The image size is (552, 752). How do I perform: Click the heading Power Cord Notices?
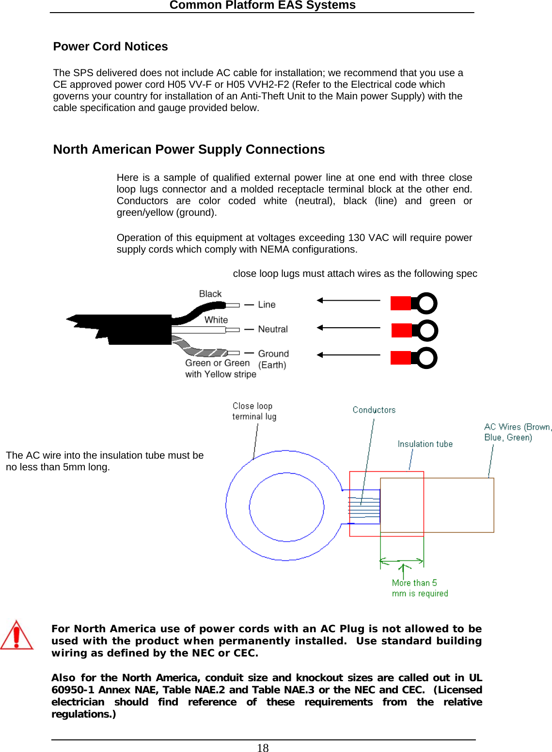pyautogui.click(x=110, y=47)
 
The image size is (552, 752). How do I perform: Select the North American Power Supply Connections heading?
pyautogui.click(x=189, y=149)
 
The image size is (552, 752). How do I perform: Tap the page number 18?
pyautogui.click(x=263, y=748)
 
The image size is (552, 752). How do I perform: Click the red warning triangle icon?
pyautogui.click(x=16, y=635)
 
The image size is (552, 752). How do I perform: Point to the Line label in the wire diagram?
pyautogui.click(x=267, y=304)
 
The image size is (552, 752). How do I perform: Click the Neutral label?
pyautogui.click(x=273, y=329)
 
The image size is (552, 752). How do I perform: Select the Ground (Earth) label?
pyautogui.click(x=273, y=359)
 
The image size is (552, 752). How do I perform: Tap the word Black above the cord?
pyautogui.click(x=210, y=294)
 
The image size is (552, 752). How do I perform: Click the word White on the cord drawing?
pyautogui.click(x=216, y=320)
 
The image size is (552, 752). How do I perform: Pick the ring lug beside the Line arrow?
pyautogui.click(x=414, y=304)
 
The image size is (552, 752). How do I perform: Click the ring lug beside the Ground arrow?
pyautogui.click(x=414, y=358)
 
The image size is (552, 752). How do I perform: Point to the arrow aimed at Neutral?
pyautogui.click(x=348, y=328)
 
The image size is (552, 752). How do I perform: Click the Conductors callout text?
pyautogui.click(x=374, y=410)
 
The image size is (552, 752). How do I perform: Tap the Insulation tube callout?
pyautogui.click(x=425, y=444)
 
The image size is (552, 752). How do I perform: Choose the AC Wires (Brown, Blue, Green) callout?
pyautogui.click(x=517, y=432)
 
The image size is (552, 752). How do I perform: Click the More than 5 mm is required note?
pyautogui.click(x=420, y=588)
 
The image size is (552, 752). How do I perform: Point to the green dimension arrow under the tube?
pyautogui.click(x=402, y=562)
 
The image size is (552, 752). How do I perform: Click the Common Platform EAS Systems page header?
pyautogui.click(x=262, y=5)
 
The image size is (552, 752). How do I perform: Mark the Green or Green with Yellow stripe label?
pyautogui.click(x=221, y=368)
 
